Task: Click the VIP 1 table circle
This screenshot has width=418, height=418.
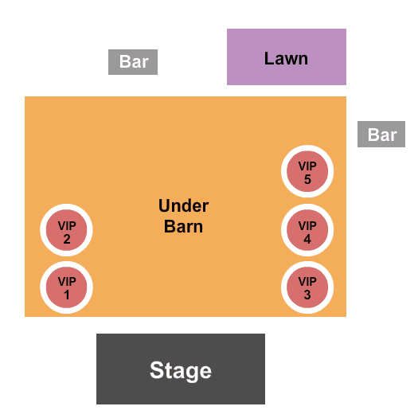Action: [x=66, y=287]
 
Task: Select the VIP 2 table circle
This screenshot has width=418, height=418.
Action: [x=66, y=230]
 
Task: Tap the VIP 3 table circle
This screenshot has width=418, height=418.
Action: [x=307, y=287]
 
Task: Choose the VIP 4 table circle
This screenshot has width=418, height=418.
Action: [x=307, y=230]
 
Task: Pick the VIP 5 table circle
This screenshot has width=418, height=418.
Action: [x=307, y=171]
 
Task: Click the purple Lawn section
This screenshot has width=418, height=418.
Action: [x=287, y=57]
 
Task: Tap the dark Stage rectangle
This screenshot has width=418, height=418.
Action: [x=181, y=369]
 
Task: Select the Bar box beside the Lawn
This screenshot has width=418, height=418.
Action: [x=133, y=62]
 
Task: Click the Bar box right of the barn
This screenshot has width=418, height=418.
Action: [x=381, y=134]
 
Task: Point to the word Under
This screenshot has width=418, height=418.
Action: [x=184, y=205]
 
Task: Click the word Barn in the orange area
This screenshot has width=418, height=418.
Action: [x=183, y=227]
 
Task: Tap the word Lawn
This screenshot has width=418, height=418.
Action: [x=286, y=58]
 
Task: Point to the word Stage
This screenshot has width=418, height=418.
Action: [x=181, y=371]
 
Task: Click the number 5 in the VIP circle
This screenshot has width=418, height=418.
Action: [x=307, y=179]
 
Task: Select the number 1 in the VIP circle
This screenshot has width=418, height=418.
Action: [x=67, y=295]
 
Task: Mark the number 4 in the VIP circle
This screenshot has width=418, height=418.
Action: [x=307, y=239]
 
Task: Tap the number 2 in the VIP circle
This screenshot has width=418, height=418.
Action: [x=67, y=239]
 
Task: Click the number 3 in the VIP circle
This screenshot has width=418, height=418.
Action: [x=307, y=295]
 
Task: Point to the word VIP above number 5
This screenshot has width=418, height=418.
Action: [x=307, y=166]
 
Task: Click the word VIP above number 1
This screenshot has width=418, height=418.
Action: [x=67, y=282]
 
